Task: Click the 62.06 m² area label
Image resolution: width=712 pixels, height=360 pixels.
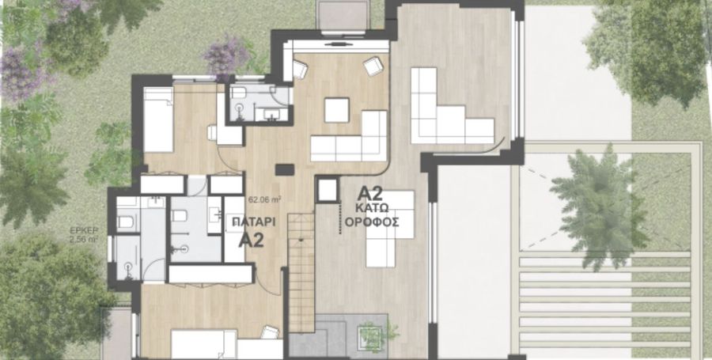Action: tap(265, 199)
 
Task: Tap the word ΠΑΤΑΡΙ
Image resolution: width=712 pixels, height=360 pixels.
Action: tap(254, 222)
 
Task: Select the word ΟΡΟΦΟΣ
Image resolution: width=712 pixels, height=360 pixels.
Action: tap(372, 222)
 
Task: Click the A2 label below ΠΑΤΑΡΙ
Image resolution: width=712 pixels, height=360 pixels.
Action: tap(251, 240)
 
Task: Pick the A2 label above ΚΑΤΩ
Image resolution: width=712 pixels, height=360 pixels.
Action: tap(370, 193)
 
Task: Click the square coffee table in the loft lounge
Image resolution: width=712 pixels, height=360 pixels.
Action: tap(337, 110)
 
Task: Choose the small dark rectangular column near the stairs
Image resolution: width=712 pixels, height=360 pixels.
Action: tap(285, 170)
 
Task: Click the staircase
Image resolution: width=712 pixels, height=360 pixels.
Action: tap(301, 272)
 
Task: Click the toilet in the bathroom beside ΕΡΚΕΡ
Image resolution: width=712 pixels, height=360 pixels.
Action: tap(125, 222)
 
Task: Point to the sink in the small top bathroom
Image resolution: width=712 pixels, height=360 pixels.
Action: tap(271, 115)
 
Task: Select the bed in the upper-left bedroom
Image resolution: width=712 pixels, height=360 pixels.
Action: tap(158, 119)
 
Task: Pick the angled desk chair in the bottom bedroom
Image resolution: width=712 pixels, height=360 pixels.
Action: tap(270, 332)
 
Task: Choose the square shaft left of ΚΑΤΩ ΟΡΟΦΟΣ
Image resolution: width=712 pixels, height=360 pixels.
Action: tap(328, 190)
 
